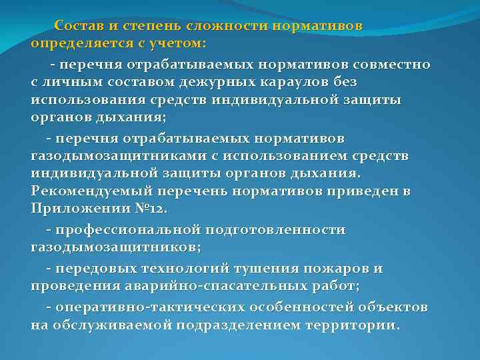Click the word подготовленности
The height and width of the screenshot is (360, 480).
[276, 230]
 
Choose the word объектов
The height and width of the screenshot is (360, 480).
[392, 308]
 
